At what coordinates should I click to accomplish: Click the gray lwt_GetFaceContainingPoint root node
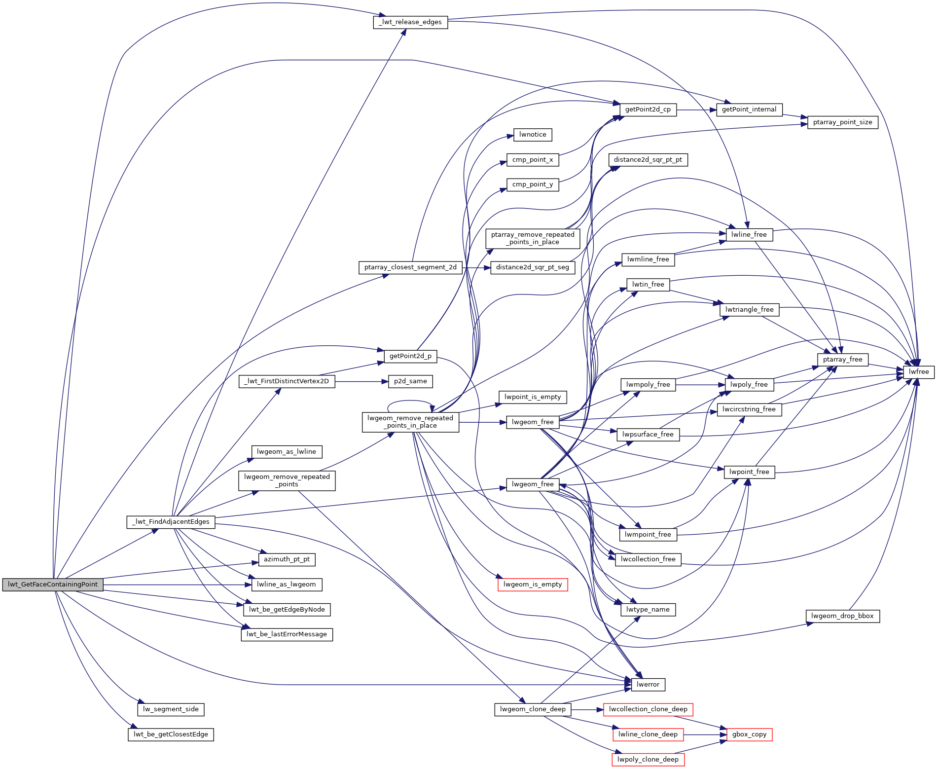click(x=53, y=585)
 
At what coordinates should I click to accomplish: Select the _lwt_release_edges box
click(x=410, y=22)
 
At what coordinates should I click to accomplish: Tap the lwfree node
click(x=919, y=372)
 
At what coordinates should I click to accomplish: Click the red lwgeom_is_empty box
click(x=533, y=585)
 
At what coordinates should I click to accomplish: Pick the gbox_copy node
click(x=749, y=734)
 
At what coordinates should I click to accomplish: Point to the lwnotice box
click(x=533, y=135)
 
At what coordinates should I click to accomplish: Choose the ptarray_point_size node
click(x=842, y=122)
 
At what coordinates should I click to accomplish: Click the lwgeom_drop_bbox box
click(x=842, y=616)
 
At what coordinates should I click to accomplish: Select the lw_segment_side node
click(x=171, y=709)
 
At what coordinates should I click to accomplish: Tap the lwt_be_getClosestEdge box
click(x=171, y=734)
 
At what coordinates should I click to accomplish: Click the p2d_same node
click(x=410, y=381)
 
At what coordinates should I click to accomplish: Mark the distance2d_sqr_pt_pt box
click(x=648, y=160)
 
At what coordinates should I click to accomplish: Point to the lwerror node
click(x=648, y=685)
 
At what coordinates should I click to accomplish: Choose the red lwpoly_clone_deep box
click(x=648, y=760)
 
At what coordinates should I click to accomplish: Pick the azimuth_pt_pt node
click(x=287, y=559)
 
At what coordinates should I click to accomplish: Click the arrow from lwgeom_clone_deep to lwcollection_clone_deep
click(x=587, y=709)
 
